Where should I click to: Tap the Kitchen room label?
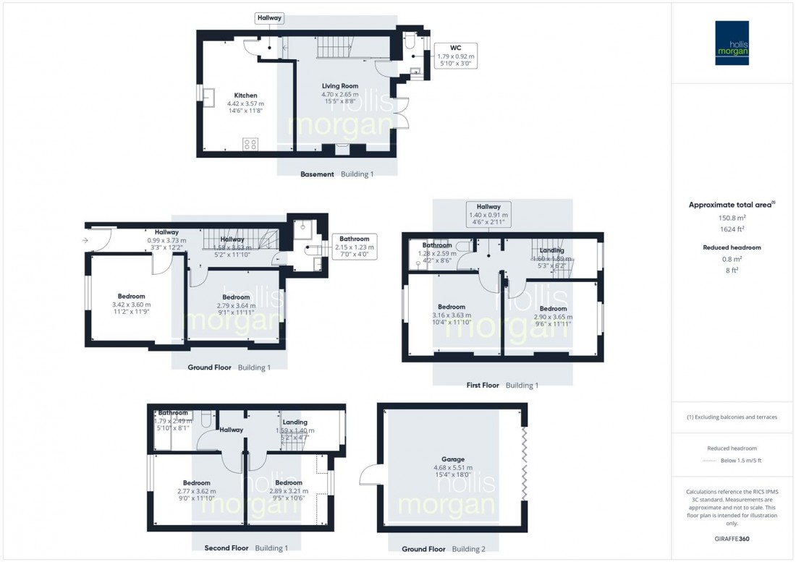(x=245, y=95)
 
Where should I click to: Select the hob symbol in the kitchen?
(x=250, y=145)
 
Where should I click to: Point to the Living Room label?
(x=339, y=86)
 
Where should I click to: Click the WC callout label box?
(x=456, y=56)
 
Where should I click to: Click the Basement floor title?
(x=318, y=174)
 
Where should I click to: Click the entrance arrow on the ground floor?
(x=85, y=240)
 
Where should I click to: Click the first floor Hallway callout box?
(x=488, y=214)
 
